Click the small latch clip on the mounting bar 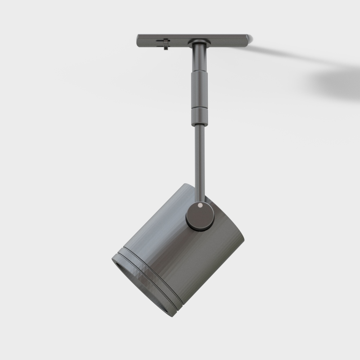tap(166, 44)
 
